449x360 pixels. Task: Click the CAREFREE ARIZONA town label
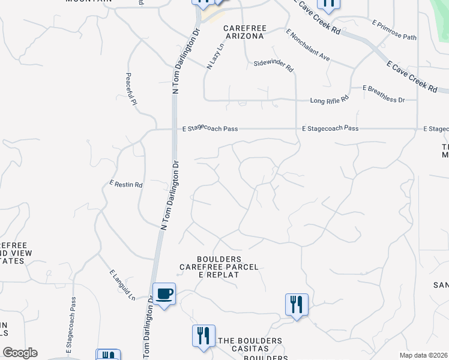[x=244, y=32]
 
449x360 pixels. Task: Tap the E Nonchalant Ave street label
[x=308, y=46]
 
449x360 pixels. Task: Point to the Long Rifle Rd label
[x=329, y=100]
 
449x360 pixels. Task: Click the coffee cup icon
[x=164, y=295]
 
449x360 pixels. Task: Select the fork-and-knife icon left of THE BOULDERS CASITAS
[x=203, y=336]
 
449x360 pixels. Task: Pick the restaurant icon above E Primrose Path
[x=328, y=4]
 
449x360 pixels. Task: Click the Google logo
[x=20, y=353]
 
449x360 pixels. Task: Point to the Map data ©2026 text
[x=423, y=355]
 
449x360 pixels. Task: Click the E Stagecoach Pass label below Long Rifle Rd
[x=330, y=128]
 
